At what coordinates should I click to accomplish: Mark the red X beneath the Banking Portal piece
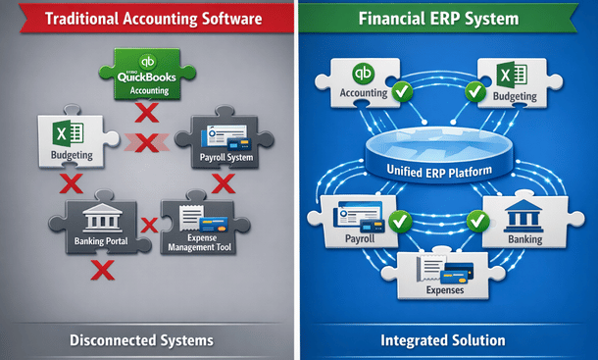point(100,269)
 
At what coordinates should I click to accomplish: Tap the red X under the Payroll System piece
point(223,183)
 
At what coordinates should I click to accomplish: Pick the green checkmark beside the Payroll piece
point(398,220)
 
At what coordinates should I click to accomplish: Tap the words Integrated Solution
point(443,340)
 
